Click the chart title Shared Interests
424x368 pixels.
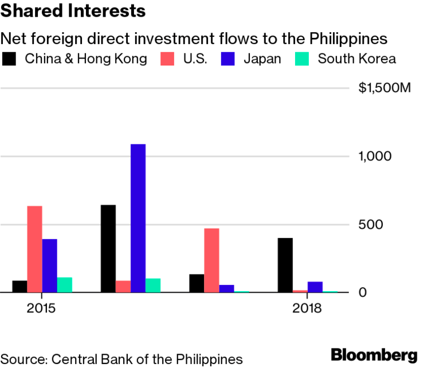pyautogui.click(x=73, y=11)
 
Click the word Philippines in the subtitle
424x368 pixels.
pyautogui.click(x=347, y=38)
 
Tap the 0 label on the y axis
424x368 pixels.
pyautogui.click(x=362, y=292)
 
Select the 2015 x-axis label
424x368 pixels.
pyautogui.click(x=41, y=308)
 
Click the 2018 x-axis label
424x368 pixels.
pyautogui.click(x=307, y=308)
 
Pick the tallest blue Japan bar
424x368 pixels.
pyautogui.click(x=138, y=218)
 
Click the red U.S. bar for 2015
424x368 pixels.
pyautogui.click(x=35, y=249)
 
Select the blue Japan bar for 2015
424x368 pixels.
pyautogui.click(x=50, y=265)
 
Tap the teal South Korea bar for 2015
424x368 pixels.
pyautogui.click(x=65, y=285)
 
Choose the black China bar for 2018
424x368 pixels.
pyautogui.click(x=285, y=265)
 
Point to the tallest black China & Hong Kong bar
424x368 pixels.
pyautogui.click(x=108, y=248)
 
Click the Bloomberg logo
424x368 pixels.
pyautogui.click(x=374, y=354)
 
